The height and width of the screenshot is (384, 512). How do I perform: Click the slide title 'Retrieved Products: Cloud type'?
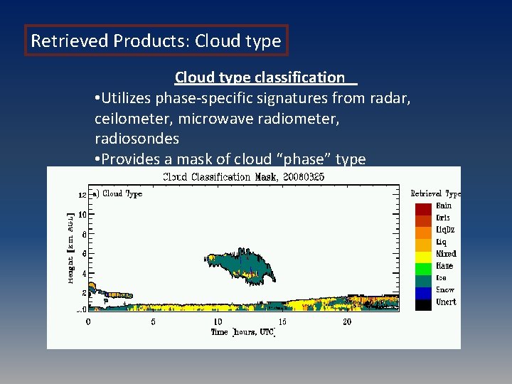pos(156,41)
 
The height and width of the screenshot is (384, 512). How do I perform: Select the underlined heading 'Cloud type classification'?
pos(260,77)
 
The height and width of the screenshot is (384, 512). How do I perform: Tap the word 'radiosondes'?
pos(137,137)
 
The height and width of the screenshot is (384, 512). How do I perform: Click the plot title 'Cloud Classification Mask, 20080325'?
pos(244,176)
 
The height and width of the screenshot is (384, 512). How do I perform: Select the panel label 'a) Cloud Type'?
pos(118,193)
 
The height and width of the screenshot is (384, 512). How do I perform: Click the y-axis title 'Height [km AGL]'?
pos(71,247)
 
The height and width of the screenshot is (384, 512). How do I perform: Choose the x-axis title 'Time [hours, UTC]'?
pos(242,332)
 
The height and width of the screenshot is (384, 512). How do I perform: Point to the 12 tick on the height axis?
pos(82,194)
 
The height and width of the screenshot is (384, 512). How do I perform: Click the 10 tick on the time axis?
pos(218,322)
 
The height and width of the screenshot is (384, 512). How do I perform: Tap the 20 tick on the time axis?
pos(347,322)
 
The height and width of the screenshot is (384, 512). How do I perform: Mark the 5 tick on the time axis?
pos(153,322)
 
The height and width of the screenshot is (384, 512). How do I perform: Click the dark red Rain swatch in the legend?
pos(424,208)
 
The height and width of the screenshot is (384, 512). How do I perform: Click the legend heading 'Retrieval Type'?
pos(435,193)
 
